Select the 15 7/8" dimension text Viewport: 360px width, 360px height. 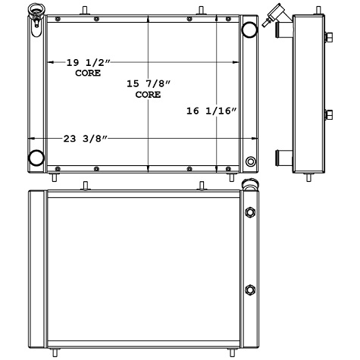pyautogui.click(x=147, y=84)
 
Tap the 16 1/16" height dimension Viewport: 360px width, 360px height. pyautogui.click(x=211, y=111)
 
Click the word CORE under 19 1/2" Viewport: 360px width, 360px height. pyautogui.click(x=88, y=74)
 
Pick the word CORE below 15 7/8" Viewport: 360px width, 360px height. pyautogui.click(x=147, y=95)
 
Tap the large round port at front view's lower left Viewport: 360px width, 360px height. pyautogui.click(x=36, y=158)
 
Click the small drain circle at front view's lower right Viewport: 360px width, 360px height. pyautogui.click(x=251, y=161)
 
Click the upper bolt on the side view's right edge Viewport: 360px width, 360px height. pyautogui.click(x=329, y=39)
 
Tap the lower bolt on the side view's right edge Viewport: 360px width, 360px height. pyautogui.click(x=329, y=115)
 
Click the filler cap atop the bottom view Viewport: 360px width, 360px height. pyautogui.click(x=248, y=186)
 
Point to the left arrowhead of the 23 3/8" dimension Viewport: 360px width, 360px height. pyautogui.click(x=33, y=139)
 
